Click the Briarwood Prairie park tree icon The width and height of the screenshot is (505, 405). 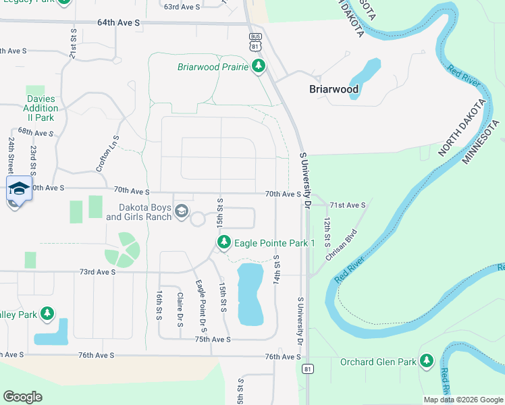click(x=258, y=66)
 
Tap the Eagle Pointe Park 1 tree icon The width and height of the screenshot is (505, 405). click(x=224, y=242)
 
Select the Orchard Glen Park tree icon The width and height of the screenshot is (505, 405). click(x=426, y=361)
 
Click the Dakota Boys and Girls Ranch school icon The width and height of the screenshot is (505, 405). click(x=181, y=212)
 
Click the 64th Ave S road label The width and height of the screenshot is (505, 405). click(x=118, y=22)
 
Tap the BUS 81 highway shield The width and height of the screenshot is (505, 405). click(x=255, y=42)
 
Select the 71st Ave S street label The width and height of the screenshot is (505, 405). click(x=348, y=205)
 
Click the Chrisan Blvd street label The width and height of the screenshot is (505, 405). click(x=341, y=245)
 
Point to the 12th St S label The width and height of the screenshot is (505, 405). click(x=326, y=232)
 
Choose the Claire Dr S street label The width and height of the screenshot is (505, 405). click(x=180, y=309)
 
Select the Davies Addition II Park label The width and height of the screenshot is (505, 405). click(x=42, y=108)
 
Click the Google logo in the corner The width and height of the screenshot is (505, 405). click(x=22, y=397)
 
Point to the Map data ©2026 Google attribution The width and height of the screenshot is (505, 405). click(x=463, y=400)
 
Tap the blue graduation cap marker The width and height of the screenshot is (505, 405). click(x=19, y=189)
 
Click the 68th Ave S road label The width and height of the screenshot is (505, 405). click(x=35, y=132)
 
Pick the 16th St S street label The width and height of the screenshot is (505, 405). click(x=159, y=306)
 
